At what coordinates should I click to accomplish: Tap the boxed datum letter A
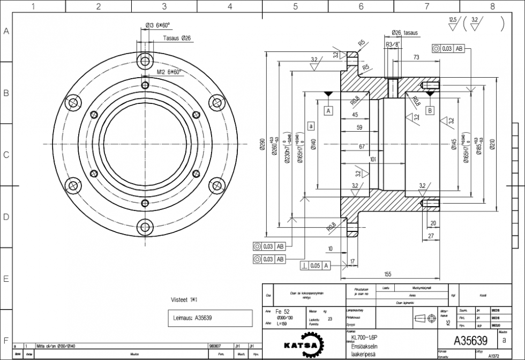pos(328,110)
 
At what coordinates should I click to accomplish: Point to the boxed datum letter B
pos(430,110)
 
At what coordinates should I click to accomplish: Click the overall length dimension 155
pos(387,274)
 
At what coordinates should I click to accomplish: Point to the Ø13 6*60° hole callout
pos(157,25)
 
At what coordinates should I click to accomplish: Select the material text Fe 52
pos(282,311)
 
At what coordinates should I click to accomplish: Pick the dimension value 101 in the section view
pos(373,160)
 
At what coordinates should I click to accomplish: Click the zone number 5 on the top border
pos(295,6)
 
